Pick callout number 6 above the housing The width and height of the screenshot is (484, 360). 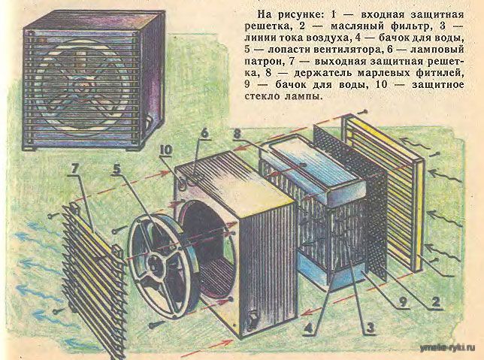[x=202, y=134]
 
